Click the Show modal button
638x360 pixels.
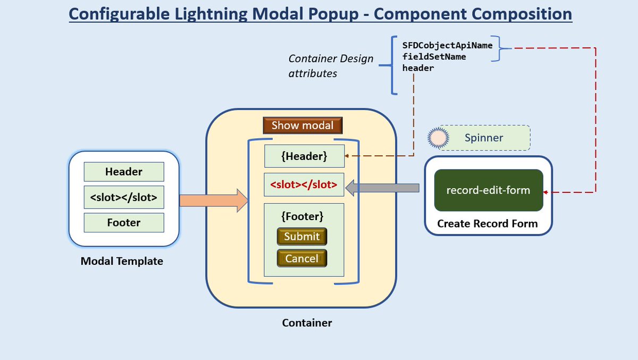coord(303,125)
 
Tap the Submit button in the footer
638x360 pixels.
coord(302,237)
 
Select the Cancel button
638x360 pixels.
coord(302,258)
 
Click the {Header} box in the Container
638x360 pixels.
coord(304,156)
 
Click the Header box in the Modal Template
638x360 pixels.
coord(124,172)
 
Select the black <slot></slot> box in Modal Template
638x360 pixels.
coord(124,197)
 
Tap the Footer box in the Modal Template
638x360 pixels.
coord(124,223)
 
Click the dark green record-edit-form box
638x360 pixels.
coord(488,190)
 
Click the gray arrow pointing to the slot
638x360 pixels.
coord(382,187)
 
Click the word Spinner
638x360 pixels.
coord(484,138)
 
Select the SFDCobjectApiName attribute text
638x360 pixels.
coord(447,45)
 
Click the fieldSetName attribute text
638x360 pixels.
coord(434,56)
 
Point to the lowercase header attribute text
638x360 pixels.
coord(418,68)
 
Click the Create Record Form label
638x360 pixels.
coord(488,224)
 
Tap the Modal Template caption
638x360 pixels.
coord(122,261)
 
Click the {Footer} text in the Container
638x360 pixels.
coord(302,217)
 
